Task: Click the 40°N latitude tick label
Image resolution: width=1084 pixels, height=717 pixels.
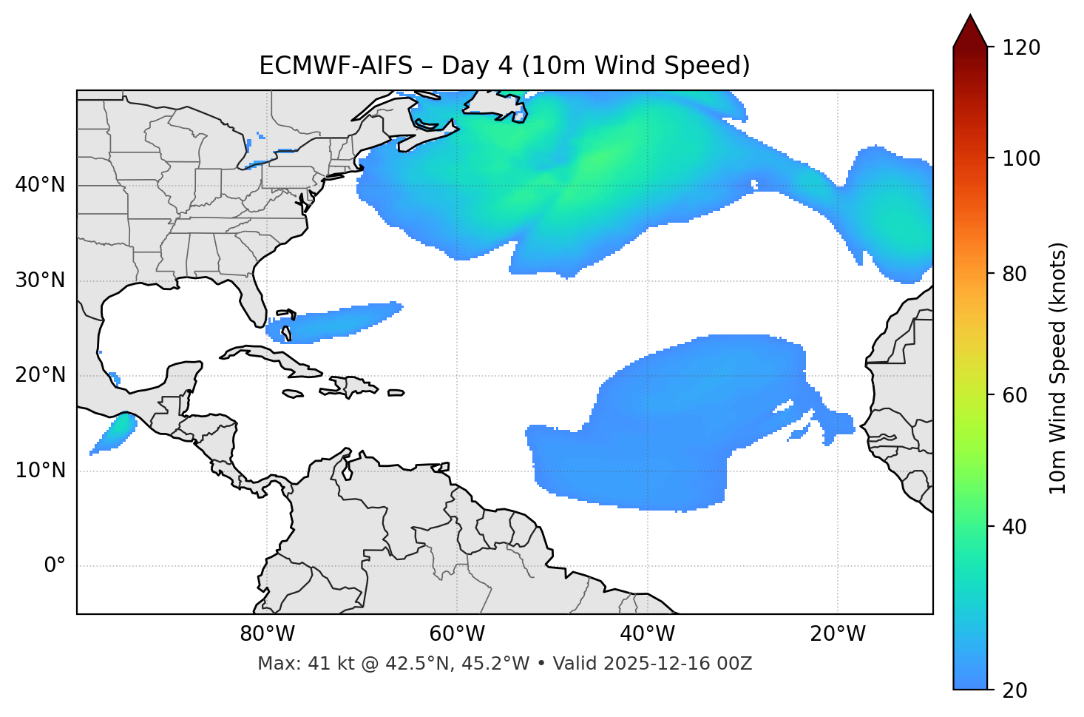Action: click(x=40, y=185)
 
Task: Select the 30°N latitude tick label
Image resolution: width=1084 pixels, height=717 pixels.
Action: click(x=40, y=280)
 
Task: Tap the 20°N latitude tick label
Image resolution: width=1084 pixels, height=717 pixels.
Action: click(x=40, y=376)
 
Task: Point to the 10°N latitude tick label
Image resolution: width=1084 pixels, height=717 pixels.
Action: click(x=40, y=471)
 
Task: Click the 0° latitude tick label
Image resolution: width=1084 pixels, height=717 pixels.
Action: click(x=55, y=566)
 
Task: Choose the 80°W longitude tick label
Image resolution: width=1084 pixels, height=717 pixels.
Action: click(x=267, y=634)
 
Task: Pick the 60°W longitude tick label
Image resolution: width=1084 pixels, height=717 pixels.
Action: click(x=457, y=634)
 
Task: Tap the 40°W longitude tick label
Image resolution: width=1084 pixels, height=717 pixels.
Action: click(x=647, y=634)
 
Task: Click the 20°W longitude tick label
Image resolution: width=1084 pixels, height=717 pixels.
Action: click(x=838, y=634)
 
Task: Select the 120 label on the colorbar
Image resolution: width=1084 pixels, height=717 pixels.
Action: click(x=1021, y=48)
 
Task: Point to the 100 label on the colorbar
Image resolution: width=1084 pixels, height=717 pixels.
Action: click(x=1021, y=158)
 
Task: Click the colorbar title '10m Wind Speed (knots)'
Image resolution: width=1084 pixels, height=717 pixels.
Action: click(x=1058, y=368)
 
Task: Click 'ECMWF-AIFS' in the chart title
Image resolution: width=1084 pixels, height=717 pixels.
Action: click(x=335, y=66)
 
